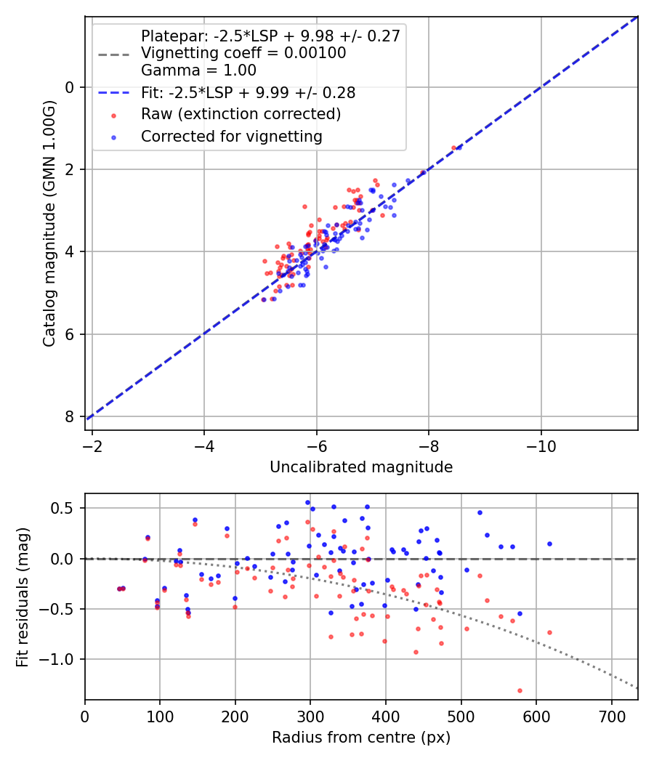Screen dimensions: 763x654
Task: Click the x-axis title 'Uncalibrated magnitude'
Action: pyautogui.click(x=361, y=467)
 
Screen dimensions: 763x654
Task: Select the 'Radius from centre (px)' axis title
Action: pyautogui.click(x=361, y=738)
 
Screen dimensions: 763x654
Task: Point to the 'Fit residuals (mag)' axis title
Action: pyautogui.click(x=23, y=597)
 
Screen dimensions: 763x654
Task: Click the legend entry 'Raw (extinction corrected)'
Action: pyautogui.click(x=241, y=114)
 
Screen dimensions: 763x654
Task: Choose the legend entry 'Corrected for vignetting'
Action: pyautogui.click(x=231, y=136)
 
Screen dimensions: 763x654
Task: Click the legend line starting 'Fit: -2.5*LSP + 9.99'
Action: pyautogui.click(x=248, y=93)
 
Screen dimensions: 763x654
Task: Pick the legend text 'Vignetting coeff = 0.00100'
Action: pyautogui.click(x=243, y=54)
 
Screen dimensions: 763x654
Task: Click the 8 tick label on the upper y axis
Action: pyautogui.click(x=70, y=416)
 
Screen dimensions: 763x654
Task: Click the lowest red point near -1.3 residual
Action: pyautogui.click(x=520, y=690)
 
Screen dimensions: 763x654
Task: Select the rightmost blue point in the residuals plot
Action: pyautogui.click(x=549, y=544)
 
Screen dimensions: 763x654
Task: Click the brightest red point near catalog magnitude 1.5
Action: pyautogui.click(x=453, y=148)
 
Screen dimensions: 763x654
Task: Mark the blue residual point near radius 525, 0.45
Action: pyautogui.click(x=480, y=512)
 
